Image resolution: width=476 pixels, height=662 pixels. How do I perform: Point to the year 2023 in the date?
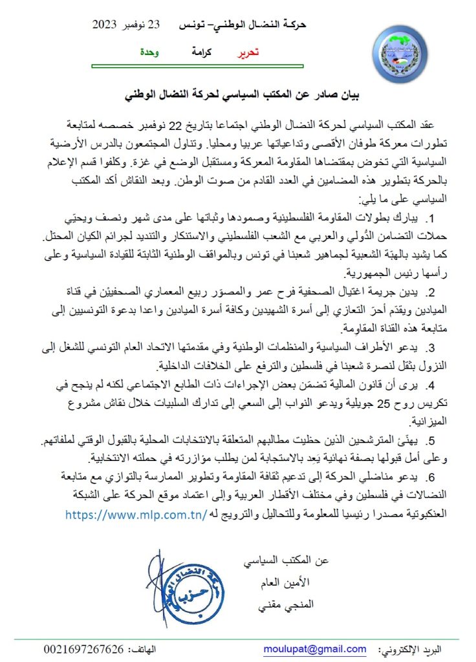pos(104,26)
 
